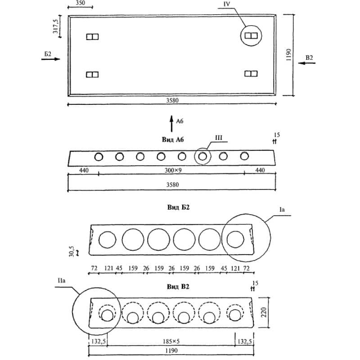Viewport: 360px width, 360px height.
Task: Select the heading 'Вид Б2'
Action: tap(179, 207)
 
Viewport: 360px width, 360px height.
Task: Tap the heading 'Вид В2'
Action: tap(179, 287)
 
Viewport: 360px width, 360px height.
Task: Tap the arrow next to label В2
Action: tap(308, 63)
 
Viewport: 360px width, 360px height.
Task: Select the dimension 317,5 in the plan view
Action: tap(56, 26)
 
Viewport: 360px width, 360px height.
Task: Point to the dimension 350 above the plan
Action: tap(80, 3)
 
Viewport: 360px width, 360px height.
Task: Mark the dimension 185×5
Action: tap(171, 342)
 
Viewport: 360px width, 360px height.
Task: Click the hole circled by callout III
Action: tap(203, 157)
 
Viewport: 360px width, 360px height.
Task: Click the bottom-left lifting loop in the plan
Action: tap(92, 74)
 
